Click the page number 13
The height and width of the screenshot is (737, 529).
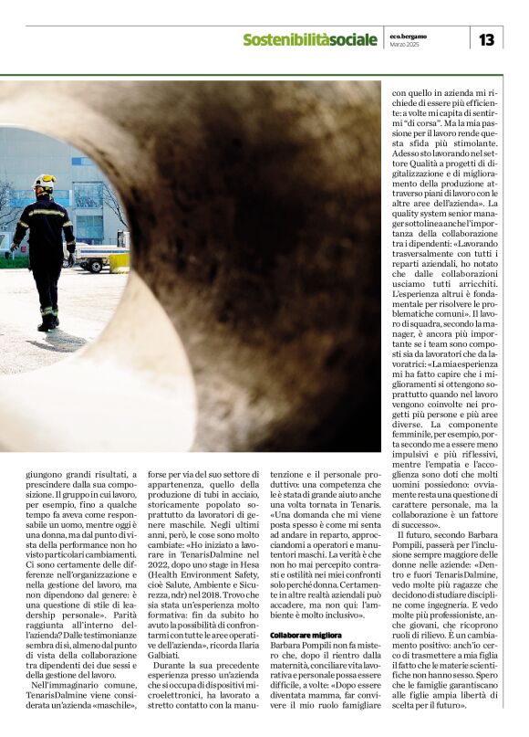(x=486, y=38)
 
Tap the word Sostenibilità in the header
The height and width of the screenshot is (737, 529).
(x=282, y=39)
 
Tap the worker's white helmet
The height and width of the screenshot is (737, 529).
(x=44, y=181)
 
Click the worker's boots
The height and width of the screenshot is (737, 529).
(x=47, y=321)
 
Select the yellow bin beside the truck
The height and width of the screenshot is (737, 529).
(x=119, y=262)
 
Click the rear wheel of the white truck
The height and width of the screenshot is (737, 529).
(x=94, y=266)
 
